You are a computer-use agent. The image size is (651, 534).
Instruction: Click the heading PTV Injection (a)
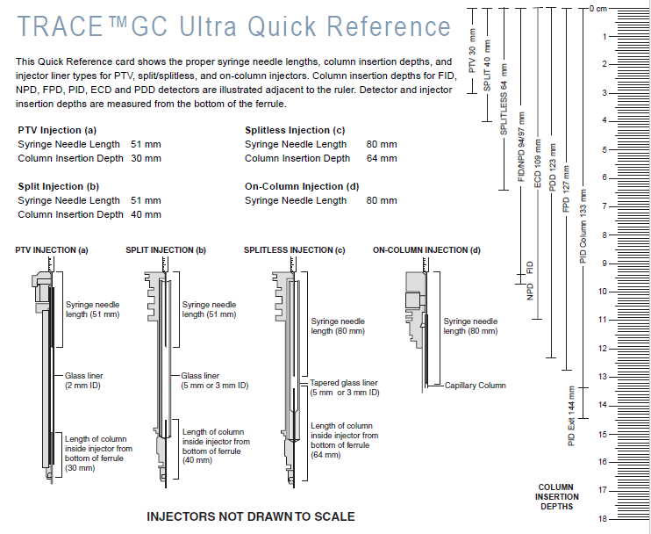coord(58,130)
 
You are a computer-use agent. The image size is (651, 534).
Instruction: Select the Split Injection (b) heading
coord(58,186)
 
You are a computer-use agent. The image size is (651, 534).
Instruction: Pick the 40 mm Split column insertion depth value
coord(147,214)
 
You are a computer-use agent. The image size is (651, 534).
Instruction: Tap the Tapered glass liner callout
coord(345,387)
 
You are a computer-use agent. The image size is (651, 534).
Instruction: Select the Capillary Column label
coord(476,386)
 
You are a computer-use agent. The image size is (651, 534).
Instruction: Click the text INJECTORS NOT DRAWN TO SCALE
coord(250,516)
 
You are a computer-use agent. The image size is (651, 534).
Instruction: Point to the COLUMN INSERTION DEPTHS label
coord(557,497)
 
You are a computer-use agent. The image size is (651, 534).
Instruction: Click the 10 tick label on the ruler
coord(602,292)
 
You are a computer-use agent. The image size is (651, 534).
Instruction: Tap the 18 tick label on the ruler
coord(602,519)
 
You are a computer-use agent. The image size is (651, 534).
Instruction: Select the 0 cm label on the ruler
coord(598,8)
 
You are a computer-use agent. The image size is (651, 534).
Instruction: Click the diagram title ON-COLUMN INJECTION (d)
coord(426,250)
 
